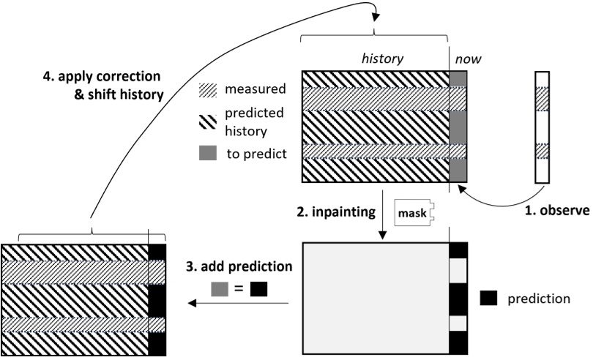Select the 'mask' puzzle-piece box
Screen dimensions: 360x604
[412, 214]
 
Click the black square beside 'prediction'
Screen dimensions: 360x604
[490, 299]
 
